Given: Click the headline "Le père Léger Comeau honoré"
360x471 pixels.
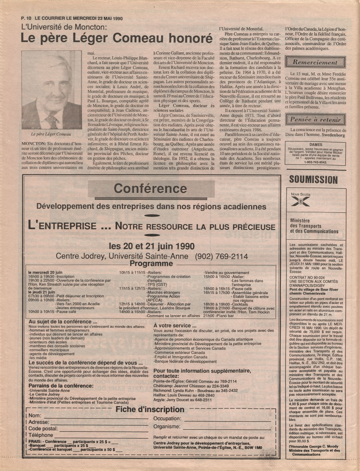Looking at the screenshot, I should point(117,39).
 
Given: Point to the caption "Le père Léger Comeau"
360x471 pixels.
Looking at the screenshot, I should point(51,134).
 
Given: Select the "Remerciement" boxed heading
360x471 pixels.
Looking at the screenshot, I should point(315,62).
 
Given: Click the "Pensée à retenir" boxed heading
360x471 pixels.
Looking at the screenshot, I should point(315,120).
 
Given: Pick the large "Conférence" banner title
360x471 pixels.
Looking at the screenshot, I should point(150,189).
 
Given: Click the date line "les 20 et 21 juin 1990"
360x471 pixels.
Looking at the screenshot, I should point(151,246).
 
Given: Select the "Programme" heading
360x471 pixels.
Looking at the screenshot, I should point(151,264).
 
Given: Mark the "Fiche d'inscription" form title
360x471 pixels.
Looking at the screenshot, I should point(150,410).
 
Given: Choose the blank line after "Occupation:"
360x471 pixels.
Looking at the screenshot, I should point(227,419).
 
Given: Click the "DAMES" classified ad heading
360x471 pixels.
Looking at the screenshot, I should point(316,144).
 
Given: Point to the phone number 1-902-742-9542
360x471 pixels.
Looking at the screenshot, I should point(316,162).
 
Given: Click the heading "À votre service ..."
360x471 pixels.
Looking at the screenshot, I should point(175,326).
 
